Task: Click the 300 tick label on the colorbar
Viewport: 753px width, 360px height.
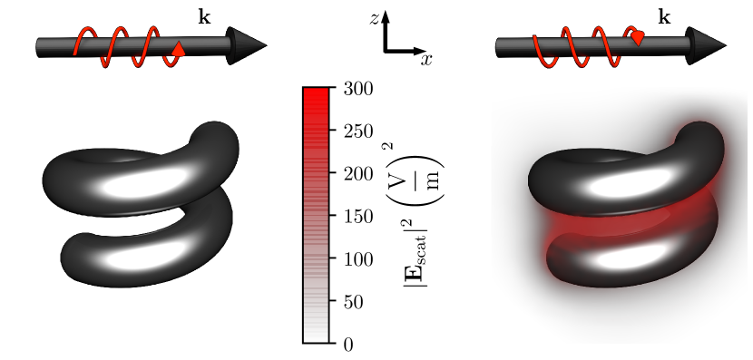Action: click(358, 89)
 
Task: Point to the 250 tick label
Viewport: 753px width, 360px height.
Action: click(358, 131)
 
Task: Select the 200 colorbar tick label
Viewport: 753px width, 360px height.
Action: click(358, 174)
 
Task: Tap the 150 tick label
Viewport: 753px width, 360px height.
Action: click(358, 217)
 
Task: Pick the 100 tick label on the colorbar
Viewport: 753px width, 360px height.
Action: click(358, 259)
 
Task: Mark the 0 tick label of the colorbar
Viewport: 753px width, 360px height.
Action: click(348, 345)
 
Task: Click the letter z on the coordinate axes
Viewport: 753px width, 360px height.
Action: click(374, 18)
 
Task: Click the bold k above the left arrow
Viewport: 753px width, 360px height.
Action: click(204, 18)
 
